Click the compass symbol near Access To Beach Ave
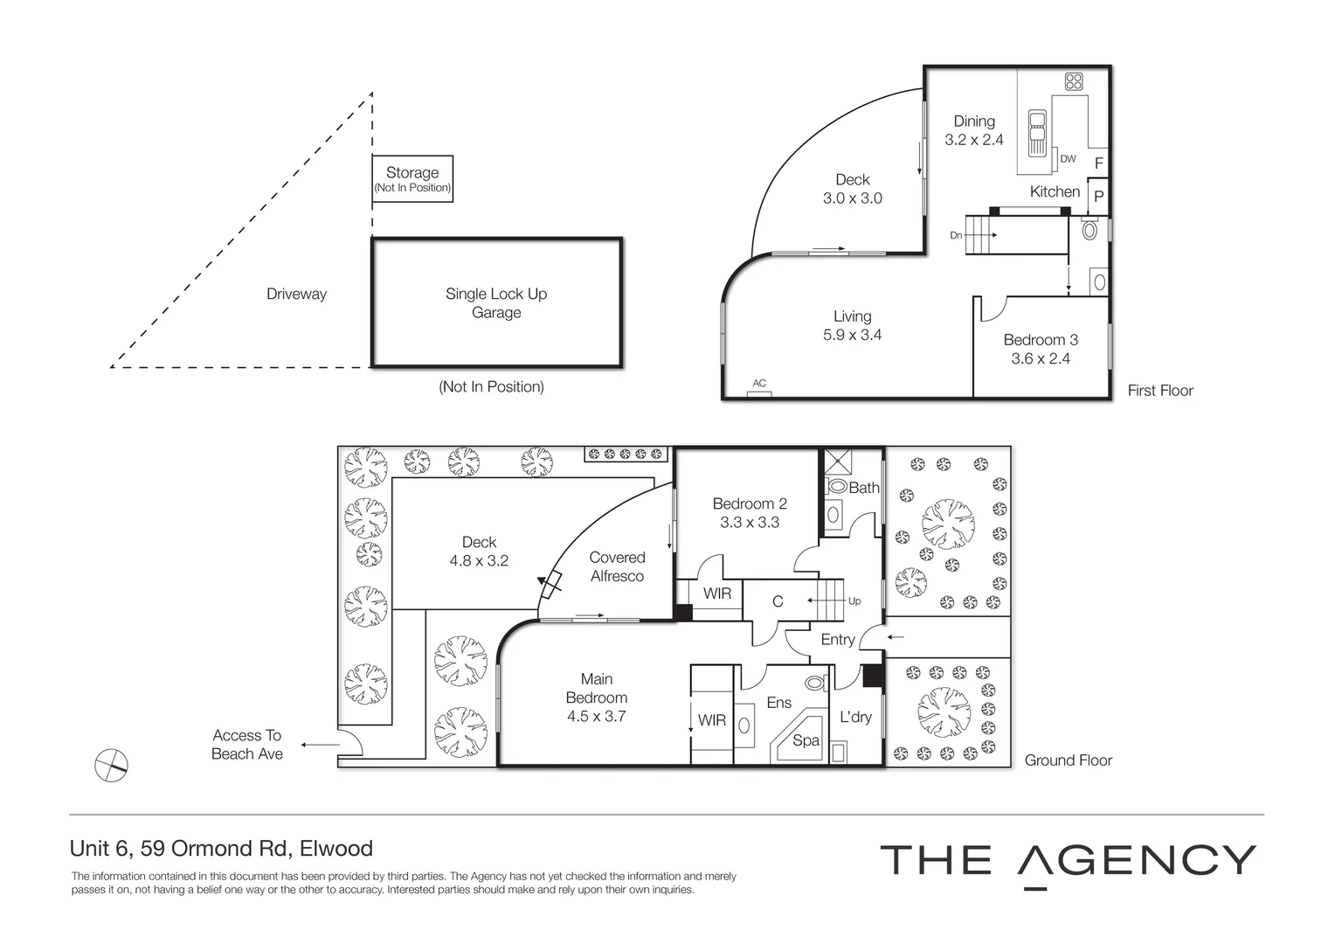coord(111,765)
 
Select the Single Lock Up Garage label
coord(496,302)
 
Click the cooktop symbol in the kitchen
coord(1074,81)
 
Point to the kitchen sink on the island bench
coord(1037,132)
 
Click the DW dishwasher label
coord(1068,159)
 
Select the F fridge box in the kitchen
coord(1098,163)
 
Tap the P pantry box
coord(1098,196)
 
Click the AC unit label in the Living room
coord(759,383)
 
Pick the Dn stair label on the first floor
coord(956,235)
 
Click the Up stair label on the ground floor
coord(854,600)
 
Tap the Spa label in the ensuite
coord(806,740)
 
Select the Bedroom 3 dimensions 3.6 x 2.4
coord(1041,358)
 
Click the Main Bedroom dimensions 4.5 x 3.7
coord(597,716)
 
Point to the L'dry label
coord(855,717)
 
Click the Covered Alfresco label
coord(617,566)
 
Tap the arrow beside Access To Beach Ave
coord(321,745)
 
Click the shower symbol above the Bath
coord(835,460)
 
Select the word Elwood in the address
coord(335,848)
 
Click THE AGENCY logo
coord(1068,861)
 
